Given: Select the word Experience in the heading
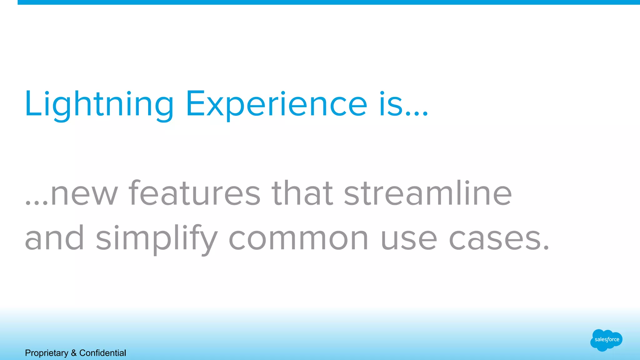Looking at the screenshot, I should point(276,105).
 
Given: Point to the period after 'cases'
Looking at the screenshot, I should point(546,248).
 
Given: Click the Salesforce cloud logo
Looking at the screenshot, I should point(606,340).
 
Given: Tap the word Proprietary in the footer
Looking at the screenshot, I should point(47,353).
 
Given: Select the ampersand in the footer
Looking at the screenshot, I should point(74,353).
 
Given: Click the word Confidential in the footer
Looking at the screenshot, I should point(102,353).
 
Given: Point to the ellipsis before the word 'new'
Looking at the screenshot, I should point(37,203).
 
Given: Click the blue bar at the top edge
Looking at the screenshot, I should point(328,2).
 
